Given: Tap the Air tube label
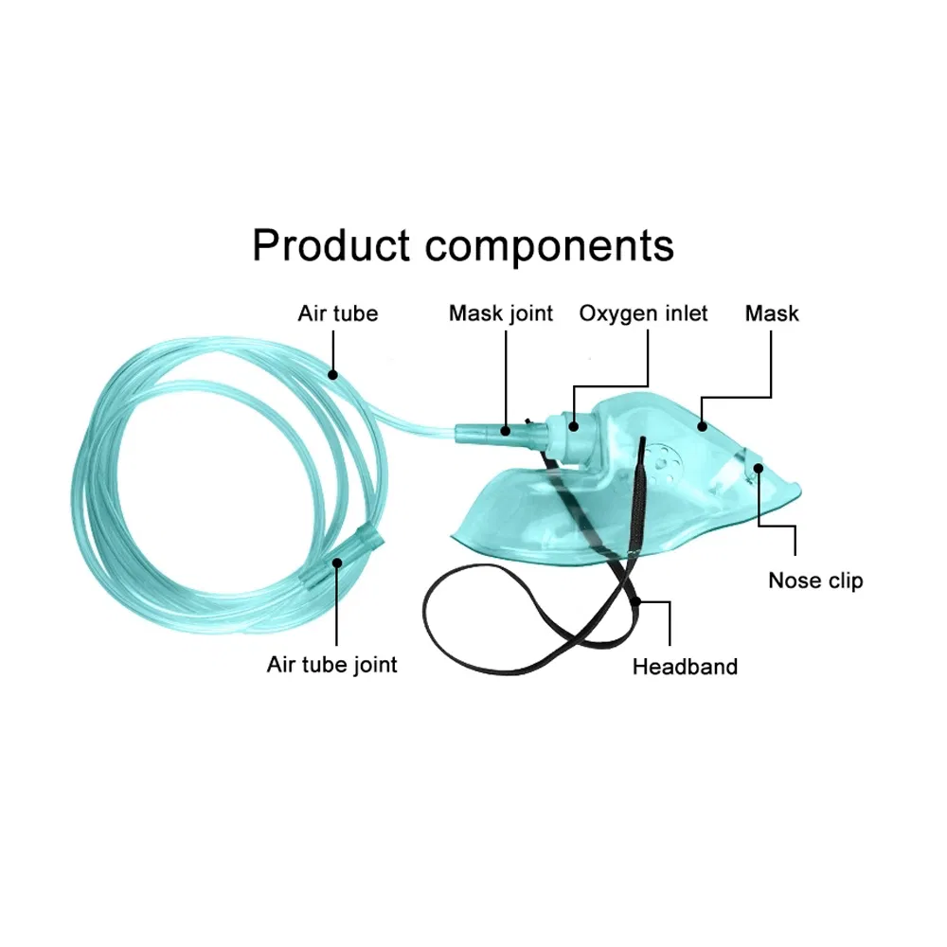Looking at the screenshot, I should pos(337,313).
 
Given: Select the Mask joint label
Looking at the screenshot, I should pos(501,313).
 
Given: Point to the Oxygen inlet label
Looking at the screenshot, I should pos(644,313).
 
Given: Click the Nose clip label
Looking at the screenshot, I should pos(815,581).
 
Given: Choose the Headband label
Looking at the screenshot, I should pos(685,666).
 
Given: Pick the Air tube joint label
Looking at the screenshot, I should pos(332,664).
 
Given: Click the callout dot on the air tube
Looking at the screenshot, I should pos(333,375).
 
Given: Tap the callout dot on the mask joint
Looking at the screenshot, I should pos(505,432).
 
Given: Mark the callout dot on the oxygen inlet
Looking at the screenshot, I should pos(574,425).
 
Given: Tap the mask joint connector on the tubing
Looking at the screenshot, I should pos(485,434).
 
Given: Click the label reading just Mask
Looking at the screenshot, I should pos(772,313).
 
